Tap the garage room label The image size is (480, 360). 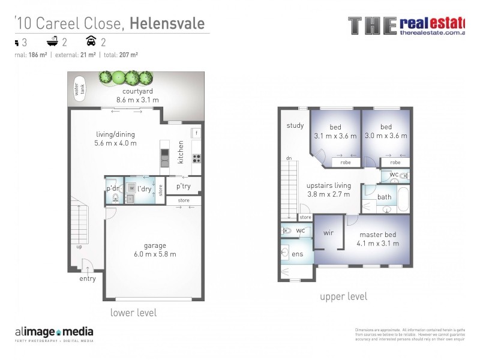(x=155, y=245)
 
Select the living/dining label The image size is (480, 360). (x=115, y=134)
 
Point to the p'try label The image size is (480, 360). (x=184, y=187)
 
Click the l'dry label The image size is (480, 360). (x=144, y=188)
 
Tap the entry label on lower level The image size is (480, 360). (x=88, y=278)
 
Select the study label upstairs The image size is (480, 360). (x=295, y=126)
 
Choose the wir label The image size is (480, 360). (x=328, y=233)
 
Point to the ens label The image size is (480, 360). (x=297, y=254)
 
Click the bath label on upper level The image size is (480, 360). (x=385, y=197)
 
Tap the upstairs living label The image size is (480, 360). (x=328, y=186)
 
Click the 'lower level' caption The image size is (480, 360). (x=133, y=313)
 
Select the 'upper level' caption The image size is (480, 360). (x=343, y=296)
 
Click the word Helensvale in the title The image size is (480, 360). (x=167, y=23)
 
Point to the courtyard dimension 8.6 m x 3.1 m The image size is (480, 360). (x=137, y=100)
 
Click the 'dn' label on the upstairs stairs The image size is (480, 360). (x=289, y=159)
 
